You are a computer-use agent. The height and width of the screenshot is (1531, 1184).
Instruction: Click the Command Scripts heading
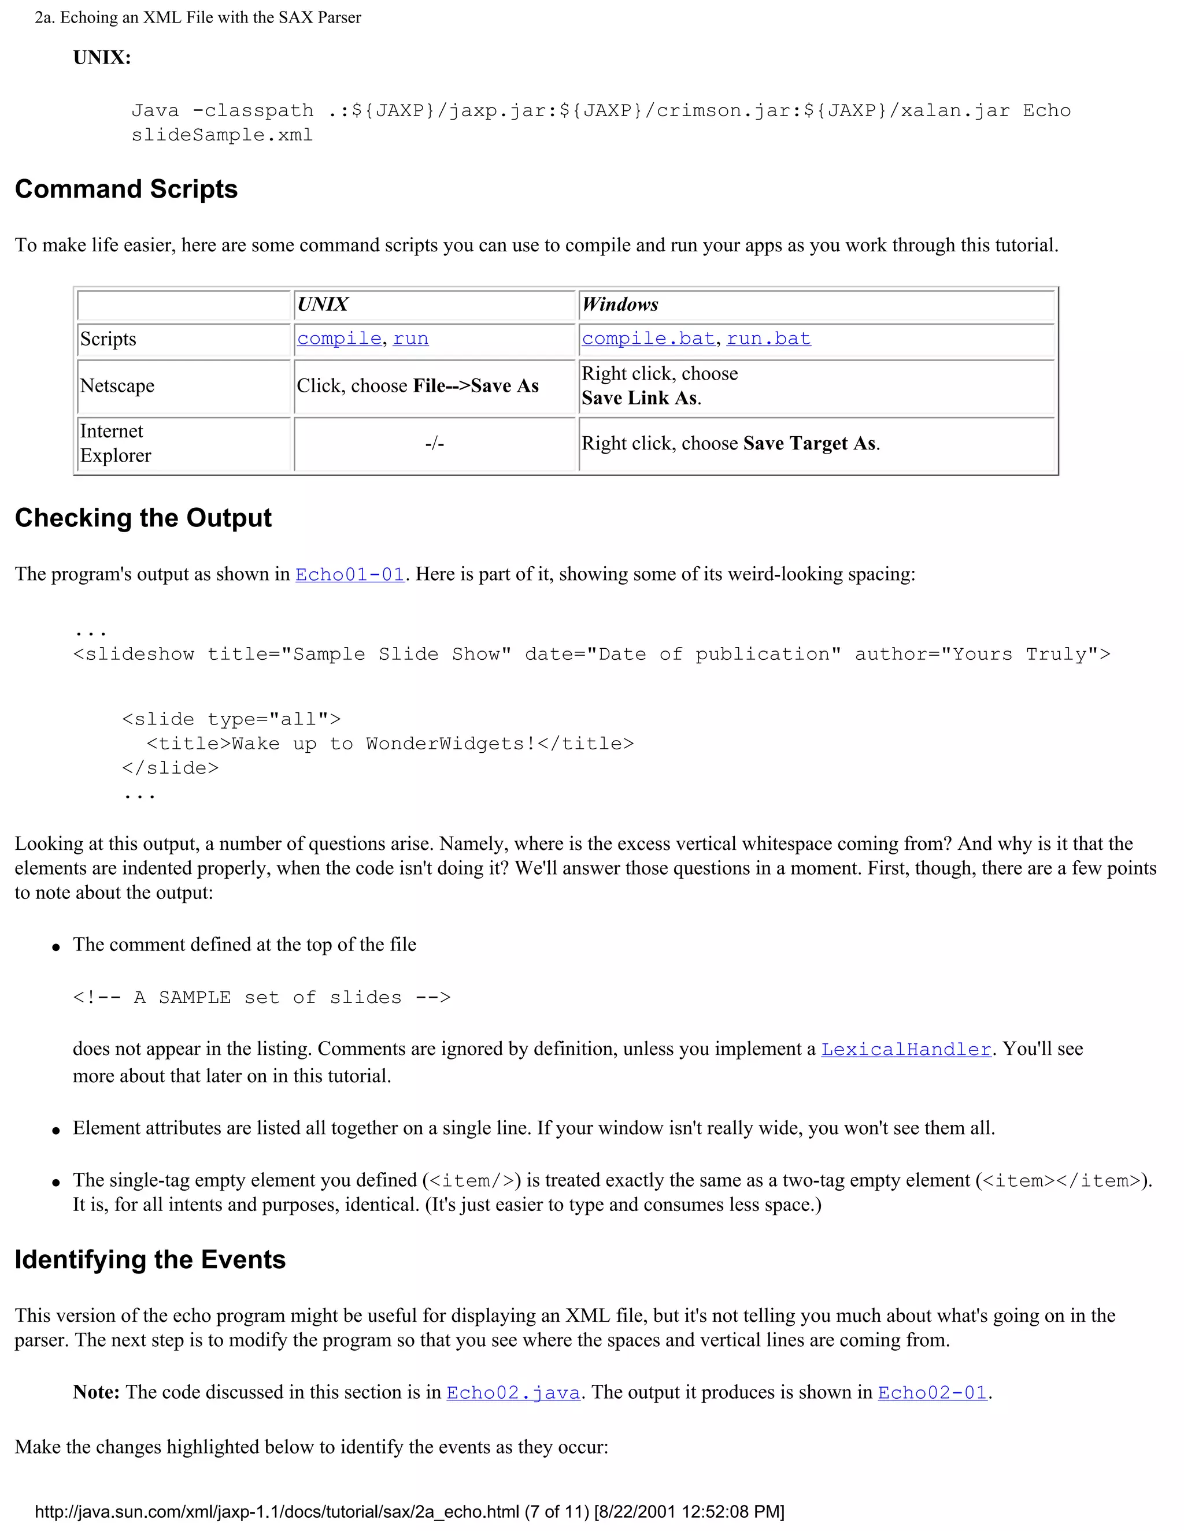[x=126, y=189]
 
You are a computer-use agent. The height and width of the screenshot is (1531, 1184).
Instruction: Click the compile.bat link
[x=648, y=339]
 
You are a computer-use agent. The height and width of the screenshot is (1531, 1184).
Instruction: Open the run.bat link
[x=768, y=339]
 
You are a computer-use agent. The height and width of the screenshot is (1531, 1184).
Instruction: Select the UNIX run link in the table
[x=410, y=339]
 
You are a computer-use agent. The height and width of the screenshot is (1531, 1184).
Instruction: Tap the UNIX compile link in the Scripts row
[x=339, y=339]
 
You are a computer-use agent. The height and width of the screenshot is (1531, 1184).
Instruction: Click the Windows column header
[x=620, y=304]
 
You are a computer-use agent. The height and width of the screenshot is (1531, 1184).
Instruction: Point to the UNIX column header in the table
[x=323, y=304]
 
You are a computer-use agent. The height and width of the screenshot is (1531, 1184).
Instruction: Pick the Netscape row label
[x=117, y=385]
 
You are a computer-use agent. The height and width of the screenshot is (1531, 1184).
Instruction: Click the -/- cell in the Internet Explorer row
[x=434, y=443]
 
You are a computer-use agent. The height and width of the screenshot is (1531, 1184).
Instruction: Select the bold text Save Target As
[x=809, y=443]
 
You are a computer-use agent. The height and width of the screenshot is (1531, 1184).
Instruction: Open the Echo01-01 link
[x=349, y=575]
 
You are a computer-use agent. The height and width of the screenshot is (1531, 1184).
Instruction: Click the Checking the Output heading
[x=143, y=518]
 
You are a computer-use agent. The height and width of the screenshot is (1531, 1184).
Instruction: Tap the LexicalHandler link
[x=905, y=1049]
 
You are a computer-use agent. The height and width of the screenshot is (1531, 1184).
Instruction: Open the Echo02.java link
[x=513, y=1393]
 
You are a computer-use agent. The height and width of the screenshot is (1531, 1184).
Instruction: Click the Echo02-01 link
[x=932, y=1393]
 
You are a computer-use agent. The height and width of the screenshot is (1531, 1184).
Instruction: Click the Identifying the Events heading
[x=150, y=1259]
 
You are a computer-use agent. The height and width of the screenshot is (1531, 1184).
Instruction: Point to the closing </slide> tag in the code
[x=171, y=768]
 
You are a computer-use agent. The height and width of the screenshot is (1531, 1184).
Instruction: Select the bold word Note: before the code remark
[x=96, y=1392]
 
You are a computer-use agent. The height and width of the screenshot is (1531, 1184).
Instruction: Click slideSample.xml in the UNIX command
[x=221, y=135]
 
